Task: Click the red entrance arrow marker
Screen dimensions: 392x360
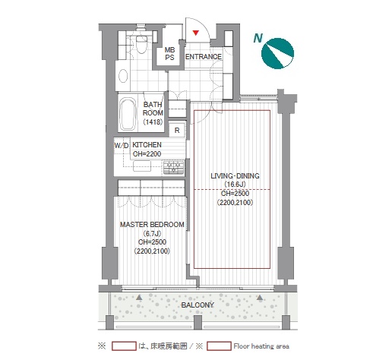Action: pos(196,33)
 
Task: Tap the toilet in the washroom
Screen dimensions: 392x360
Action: pos(141,43)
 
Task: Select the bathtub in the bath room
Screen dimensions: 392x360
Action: pos(128,114)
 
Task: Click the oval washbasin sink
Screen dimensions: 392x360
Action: pos(123,76)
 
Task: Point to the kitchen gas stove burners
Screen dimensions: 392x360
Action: pos(173,167)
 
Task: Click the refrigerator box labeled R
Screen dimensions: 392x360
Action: pos(177,130)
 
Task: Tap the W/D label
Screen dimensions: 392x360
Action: pos(122,146)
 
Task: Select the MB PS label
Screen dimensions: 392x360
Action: pos(169,54)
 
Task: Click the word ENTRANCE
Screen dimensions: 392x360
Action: pos(204,57)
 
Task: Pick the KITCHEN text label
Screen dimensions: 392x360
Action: pos(147,145)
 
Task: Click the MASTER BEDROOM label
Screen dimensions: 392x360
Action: pos(152,225)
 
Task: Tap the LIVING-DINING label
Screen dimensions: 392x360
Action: pos(235,176)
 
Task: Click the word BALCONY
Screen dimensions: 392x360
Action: pos(198,305)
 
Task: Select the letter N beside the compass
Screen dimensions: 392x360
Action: pos(258,38)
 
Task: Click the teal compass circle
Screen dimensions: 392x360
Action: pos(277,53)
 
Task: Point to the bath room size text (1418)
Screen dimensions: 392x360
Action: pos(153,122)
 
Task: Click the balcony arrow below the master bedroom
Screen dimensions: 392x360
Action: pos(139,297)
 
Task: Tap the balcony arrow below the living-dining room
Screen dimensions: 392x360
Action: pos(260,297)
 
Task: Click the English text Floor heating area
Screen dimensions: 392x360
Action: pos(261,346)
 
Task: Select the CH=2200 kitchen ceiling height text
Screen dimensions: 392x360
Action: pos(147,154)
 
